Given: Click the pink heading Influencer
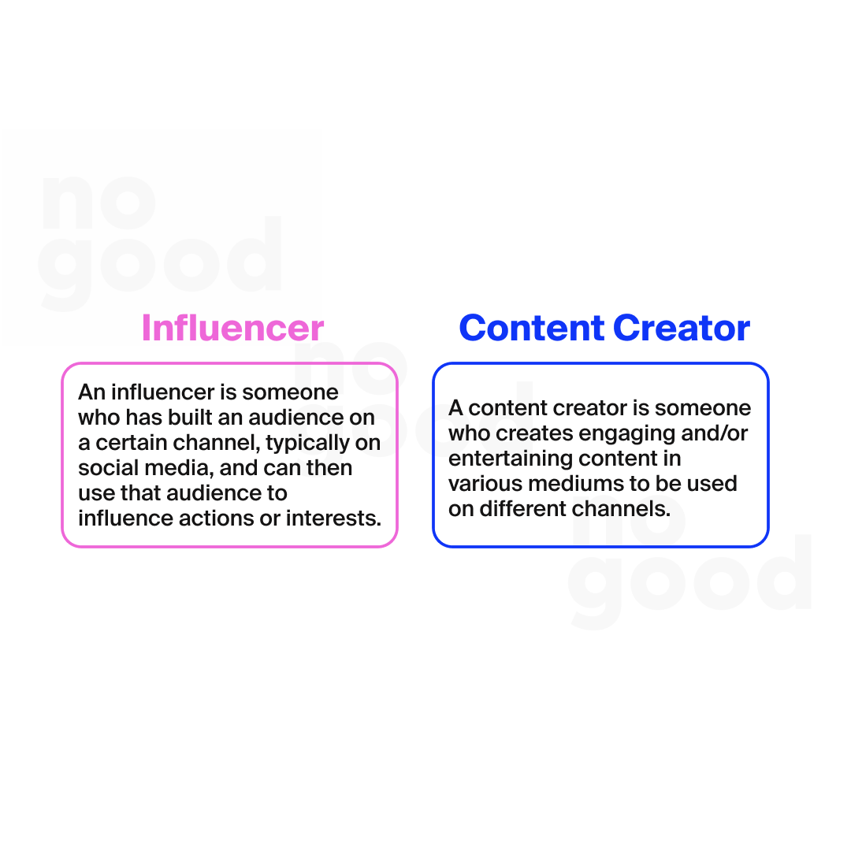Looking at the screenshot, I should (232, 329).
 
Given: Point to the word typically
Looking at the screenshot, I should (308, 443).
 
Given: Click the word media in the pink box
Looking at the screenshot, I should (178, 468).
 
